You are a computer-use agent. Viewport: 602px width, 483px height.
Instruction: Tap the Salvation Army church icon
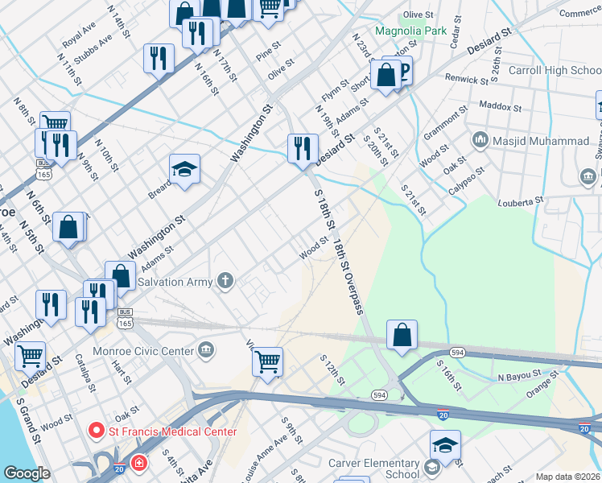tap(227, 281)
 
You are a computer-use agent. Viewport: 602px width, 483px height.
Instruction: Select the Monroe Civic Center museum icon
tap(207, 350)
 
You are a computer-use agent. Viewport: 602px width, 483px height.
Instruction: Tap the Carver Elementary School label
tap(374, 469)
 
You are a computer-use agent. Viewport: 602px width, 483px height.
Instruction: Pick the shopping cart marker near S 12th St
tap(267, 361)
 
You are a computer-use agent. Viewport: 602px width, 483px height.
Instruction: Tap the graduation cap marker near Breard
tap(184, 169)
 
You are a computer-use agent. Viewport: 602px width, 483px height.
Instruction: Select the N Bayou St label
tap(522, 377)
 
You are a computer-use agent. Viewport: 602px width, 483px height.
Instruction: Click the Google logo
tap(27, 473)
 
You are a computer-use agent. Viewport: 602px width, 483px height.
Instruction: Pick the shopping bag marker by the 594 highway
tap(402, 335)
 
